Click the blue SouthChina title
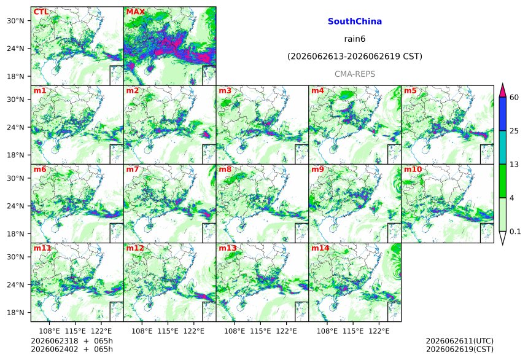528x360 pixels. [x=355, y=22]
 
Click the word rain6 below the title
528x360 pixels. [x=355, y=39]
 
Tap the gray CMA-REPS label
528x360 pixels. [x=355, y=74]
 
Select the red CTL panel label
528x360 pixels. [x=41, y=12]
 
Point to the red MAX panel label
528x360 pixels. [x=135, y=12]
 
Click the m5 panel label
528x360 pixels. [x=410, y=90]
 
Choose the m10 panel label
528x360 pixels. [x=413, y=169]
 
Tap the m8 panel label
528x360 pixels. [x=225, y=169]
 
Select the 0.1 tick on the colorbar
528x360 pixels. [x=515, y=231]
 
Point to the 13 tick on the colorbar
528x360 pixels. [x=514, y=165]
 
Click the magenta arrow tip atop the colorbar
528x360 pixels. [x=503, y=84]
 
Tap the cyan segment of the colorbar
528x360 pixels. [x=503, y=147]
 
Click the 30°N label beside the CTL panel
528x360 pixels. [x=15, y=20]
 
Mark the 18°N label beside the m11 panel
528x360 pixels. [x=15, y=313]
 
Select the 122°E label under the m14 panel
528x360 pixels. [x=379, y=331]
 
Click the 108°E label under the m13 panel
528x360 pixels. [x=235, y=331]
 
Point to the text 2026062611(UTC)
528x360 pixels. [x=460, y=341]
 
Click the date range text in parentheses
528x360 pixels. [x=355, y=56]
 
